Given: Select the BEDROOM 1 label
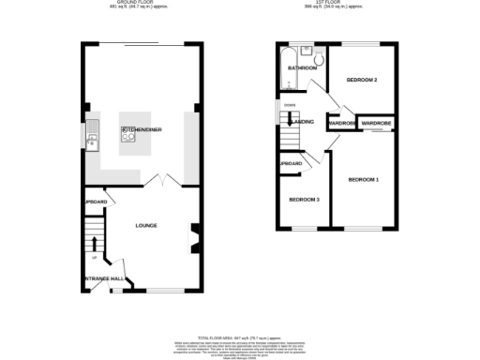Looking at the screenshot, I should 363,178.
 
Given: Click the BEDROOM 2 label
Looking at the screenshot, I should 362,81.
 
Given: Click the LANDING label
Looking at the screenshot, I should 302,122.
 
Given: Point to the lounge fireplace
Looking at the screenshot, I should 194,236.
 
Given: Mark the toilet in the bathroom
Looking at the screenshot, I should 319,60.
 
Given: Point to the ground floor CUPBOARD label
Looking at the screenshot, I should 96,202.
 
